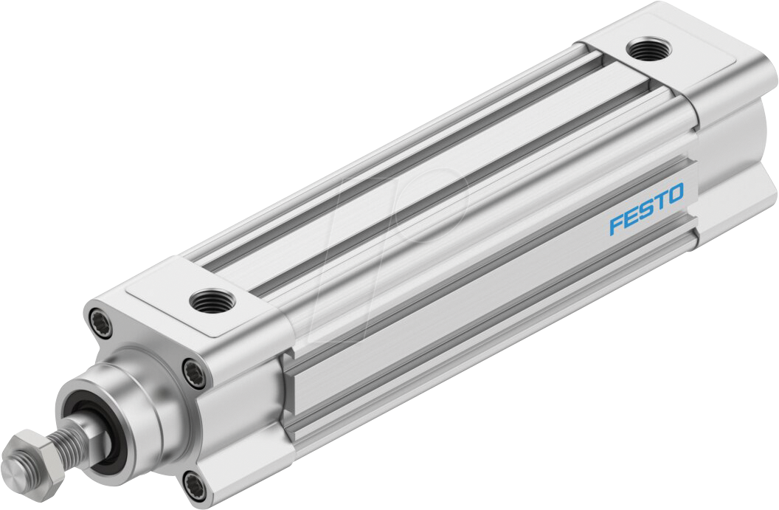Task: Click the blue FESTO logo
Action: (646, 210)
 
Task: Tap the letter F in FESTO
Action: (616, 224)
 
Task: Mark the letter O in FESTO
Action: (675, 195)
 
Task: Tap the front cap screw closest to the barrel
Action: (193, 366)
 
